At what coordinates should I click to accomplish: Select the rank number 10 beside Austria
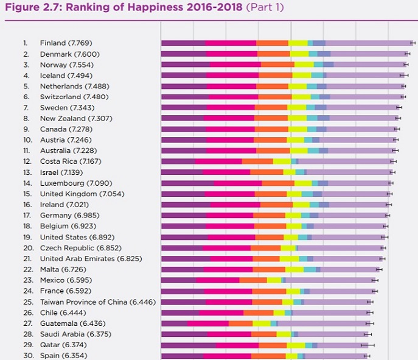[26, 139]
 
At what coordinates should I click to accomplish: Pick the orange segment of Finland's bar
[272, 43]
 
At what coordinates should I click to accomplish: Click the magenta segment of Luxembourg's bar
[237, 183]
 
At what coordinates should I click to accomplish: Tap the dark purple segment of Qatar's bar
[189, 345]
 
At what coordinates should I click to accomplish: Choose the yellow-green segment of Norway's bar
[304, 65]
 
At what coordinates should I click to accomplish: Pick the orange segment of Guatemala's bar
[240, 323]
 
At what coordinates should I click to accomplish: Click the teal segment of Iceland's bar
[317, 75]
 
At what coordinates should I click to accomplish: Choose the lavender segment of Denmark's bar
[368, 54]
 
